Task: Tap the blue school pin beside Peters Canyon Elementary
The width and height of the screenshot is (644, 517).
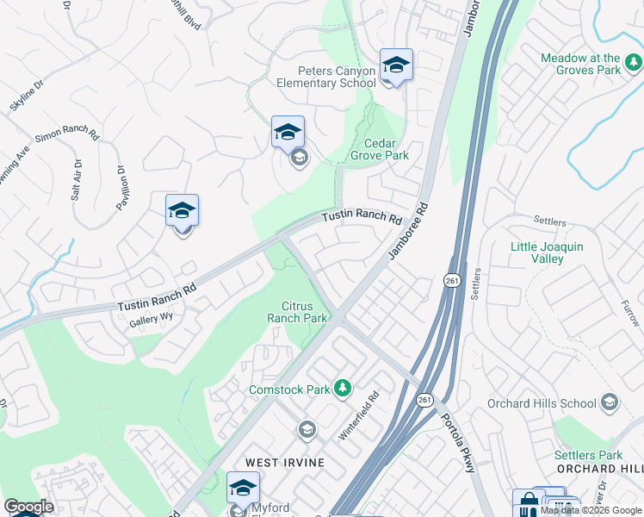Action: coord(396,65)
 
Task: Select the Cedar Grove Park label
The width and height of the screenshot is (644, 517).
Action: coord(379,149)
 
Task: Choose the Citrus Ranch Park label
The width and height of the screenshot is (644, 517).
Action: coord(305,312)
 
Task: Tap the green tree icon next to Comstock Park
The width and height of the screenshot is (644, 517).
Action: coord(343,389)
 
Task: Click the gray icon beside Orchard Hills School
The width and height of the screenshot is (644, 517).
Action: coord(610,402)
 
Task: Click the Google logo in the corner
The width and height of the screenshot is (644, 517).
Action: coord(28,507)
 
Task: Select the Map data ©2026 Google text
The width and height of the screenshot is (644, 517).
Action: coord(591,510)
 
